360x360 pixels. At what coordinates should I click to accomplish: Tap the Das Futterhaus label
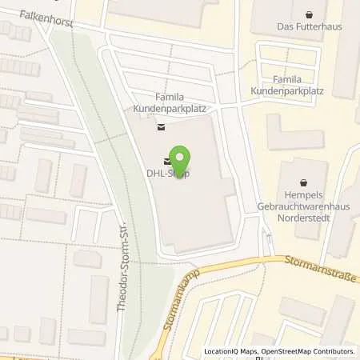(309, 26)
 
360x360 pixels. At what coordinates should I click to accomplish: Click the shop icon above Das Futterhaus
(310, 14)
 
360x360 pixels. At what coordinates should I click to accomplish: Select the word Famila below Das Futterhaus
(287, 80)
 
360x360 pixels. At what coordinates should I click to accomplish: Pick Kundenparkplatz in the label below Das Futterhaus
(287, 91)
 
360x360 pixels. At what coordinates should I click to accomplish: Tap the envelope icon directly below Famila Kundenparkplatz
(161, 125)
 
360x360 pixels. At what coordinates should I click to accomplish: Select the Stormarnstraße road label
(318, 269)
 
